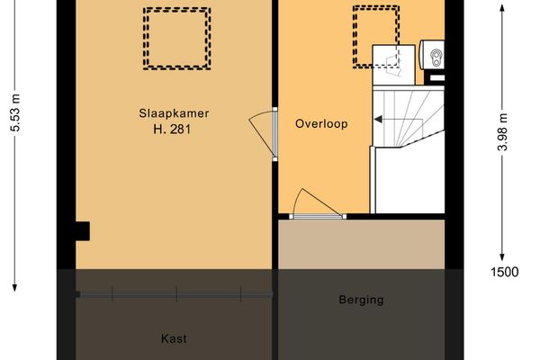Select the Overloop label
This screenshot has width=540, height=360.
(x=321, y=124)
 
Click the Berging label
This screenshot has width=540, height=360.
(x=361, y=300)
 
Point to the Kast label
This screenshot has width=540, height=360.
(x=174, y=338)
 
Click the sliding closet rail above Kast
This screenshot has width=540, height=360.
(x=175, y=293)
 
